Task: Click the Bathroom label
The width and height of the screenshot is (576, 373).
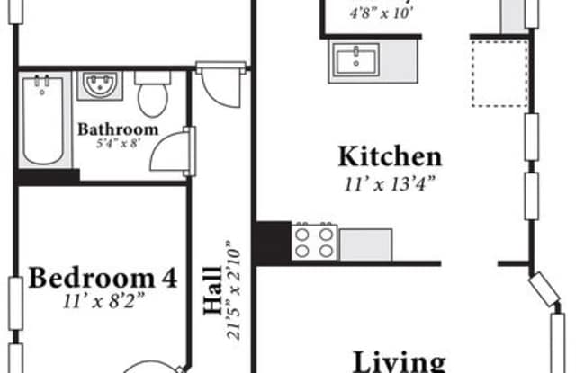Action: [x=118, y=129]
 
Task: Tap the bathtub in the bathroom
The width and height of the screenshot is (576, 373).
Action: [x=43, y=120]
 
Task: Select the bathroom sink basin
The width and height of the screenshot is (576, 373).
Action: [x=100, y=84]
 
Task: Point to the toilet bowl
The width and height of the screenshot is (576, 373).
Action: [x=153, y=100]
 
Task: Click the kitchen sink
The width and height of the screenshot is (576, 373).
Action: [x=355, y=59]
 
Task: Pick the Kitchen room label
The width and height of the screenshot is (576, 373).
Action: [x=390, y=156]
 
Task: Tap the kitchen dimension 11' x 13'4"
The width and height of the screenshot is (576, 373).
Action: [x=390, y=183]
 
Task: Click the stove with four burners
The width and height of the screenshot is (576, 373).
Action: [x=314, y=242]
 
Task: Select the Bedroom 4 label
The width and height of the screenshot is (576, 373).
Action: [x=103, y=278]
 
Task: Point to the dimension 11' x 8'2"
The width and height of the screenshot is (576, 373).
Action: [x=103, y=301]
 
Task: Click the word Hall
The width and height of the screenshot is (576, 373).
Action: [x=213, y=291]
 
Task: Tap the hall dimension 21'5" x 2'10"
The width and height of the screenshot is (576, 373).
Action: [x=234, y=290]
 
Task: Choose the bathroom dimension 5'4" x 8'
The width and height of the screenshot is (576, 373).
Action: [x=118, y=144]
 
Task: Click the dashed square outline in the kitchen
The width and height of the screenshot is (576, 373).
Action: [x=499, y=74]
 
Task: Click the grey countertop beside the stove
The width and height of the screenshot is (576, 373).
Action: [x=366, y=244]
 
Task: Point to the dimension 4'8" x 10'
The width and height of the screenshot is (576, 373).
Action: [x=382, y=13]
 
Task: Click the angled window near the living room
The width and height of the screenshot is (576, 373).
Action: [x=544, y=289]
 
